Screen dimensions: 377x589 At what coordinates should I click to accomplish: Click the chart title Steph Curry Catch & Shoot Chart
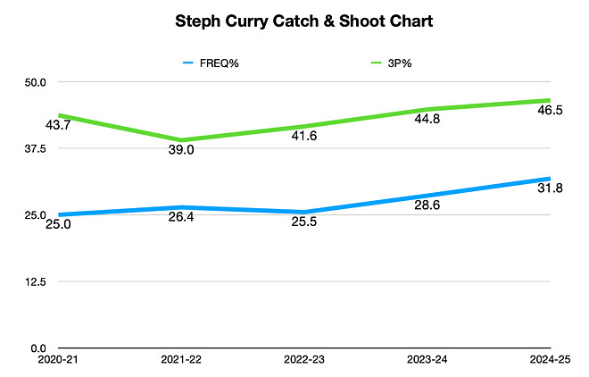click(x=294, y=21)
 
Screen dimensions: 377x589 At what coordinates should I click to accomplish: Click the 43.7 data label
click(x=58, y=125)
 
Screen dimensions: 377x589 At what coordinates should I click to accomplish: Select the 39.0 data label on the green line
click(x=181, y=151)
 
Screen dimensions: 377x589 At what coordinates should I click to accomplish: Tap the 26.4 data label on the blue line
click(x=181, y=218)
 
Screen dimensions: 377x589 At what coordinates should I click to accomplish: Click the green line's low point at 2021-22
click(x=182, y=140)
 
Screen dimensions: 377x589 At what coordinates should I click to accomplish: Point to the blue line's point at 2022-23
click(x=303, y=213)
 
